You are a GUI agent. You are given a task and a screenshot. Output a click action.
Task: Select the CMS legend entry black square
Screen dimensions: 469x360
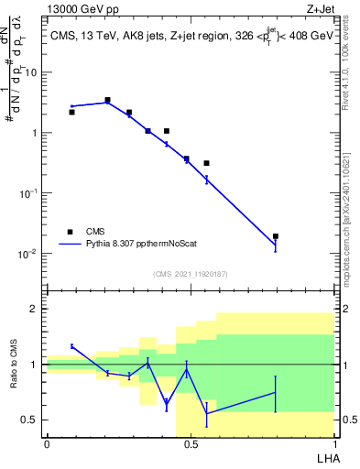(71, 232)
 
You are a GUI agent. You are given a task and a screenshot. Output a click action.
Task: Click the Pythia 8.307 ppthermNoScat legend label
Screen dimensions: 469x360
(147, 245)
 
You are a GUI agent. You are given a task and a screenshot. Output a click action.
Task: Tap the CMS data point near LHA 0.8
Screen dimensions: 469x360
(276, 236)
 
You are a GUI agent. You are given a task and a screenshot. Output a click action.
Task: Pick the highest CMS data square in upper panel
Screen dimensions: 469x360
(107, 100)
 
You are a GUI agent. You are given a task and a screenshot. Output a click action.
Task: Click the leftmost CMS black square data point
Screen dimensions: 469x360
(71, 112)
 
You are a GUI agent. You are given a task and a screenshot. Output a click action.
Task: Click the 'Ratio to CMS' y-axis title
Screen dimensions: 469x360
(16, 379)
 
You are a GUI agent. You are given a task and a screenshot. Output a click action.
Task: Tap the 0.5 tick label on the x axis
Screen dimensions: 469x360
(190, 444)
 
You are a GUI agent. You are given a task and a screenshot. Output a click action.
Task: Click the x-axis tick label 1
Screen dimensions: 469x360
(333, 444)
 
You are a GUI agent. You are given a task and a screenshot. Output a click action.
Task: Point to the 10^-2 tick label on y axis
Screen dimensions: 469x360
(27, 253)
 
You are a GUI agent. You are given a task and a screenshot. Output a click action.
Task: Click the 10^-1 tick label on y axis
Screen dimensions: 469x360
(27, 192)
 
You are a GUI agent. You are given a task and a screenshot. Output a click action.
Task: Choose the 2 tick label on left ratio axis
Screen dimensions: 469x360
(36, 309)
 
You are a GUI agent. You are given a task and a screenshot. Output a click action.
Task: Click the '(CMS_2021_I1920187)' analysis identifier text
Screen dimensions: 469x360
(190, 273)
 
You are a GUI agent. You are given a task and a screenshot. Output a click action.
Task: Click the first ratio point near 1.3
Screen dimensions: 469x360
(71, 345)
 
